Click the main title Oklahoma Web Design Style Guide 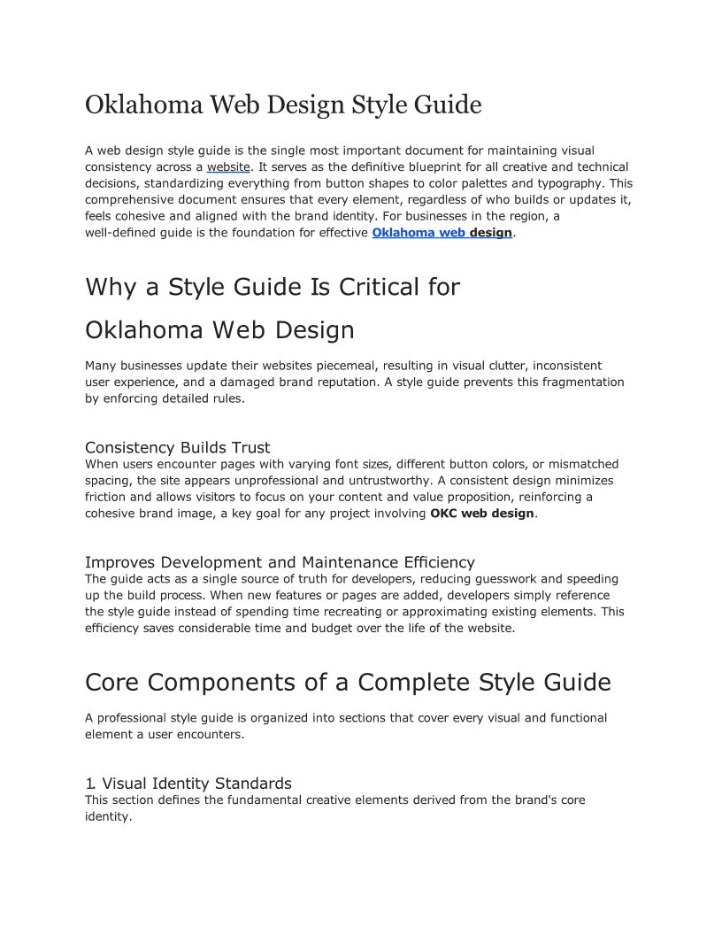(283, 104)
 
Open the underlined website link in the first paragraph (229, 166)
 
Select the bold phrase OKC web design (482, 514)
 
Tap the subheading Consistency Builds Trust (177, 447)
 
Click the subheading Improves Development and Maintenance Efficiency (280, 562)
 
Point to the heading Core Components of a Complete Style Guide (348, 683)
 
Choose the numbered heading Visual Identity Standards (196, 784)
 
